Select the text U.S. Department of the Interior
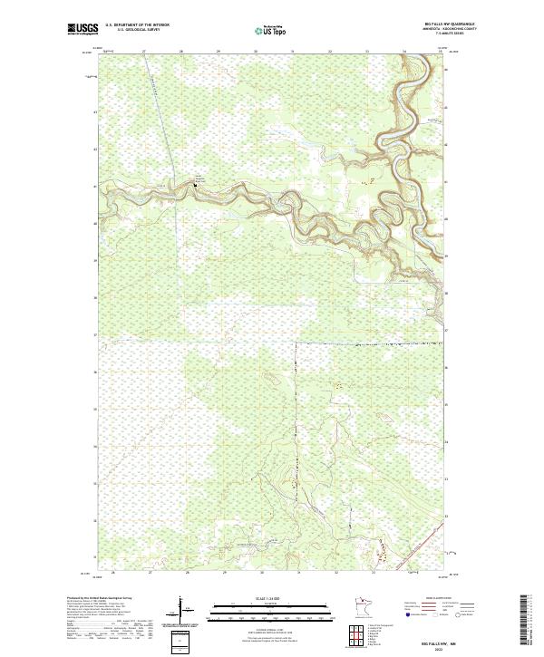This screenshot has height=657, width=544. coord(137,24)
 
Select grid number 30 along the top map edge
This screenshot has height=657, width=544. coord(257,52)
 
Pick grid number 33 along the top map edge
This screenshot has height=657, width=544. coord(367,52)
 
